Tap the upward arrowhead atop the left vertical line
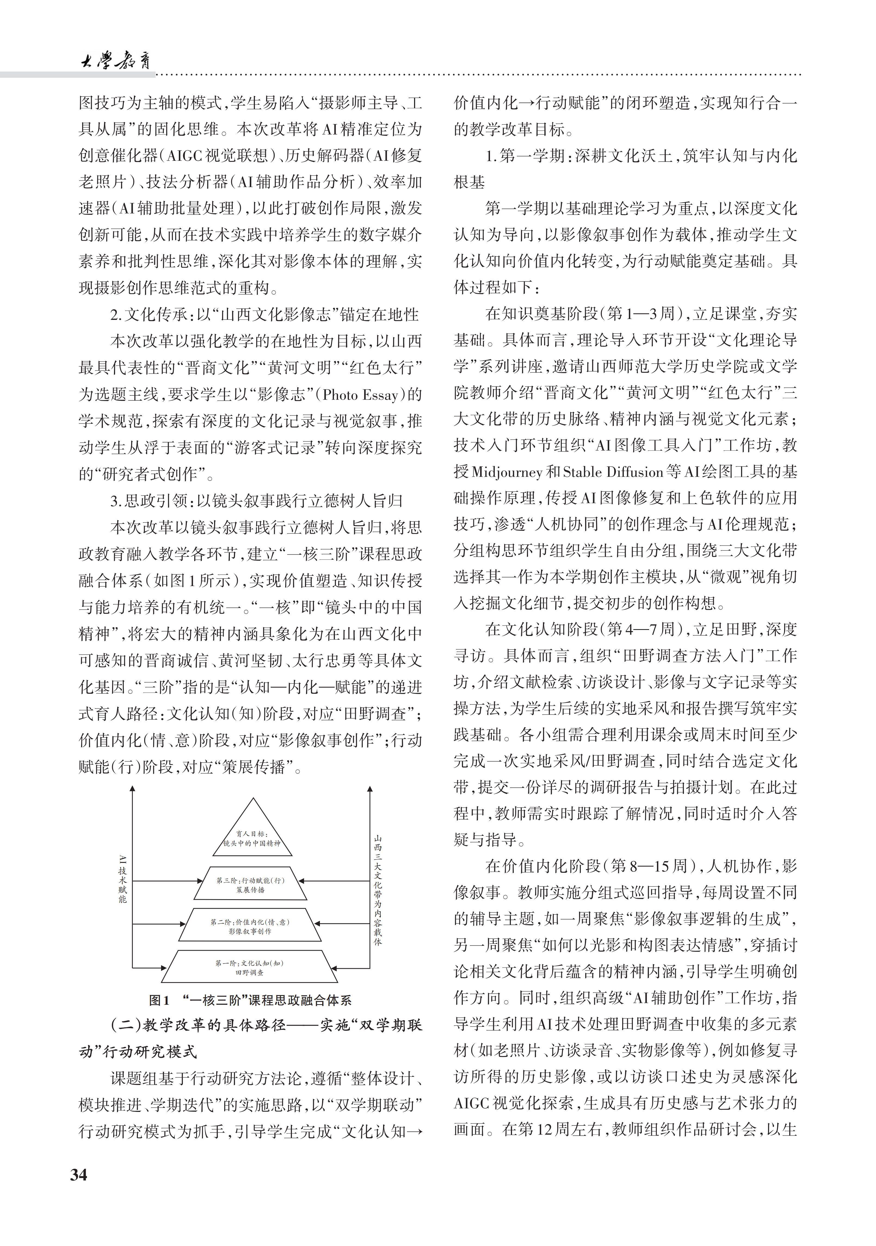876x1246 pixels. (132, 790)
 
